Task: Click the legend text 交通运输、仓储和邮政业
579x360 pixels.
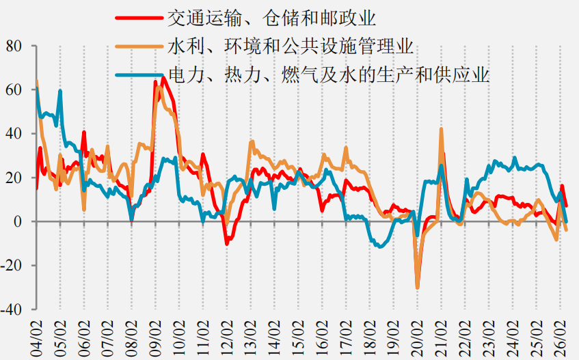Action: coord(271,18)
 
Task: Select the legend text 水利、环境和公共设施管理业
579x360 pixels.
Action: coord(291,46)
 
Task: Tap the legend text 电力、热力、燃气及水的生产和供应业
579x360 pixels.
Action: coord(329,75)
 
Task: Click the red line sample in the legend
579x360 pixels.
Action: coord(139,18)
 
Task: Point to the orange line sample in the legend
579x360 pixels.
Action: coord(139,46)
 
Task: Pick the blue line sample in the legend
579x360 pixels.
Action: coord(139,75)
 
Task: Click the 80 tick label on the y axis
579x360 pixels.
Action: coord(14,46)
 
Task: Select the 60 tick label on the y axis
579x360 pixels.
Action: coord(14,90)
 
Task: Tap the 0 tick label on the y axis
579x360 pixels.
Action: coord(18,221)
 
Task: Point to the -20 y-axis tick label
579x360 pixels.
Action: coord(12,265)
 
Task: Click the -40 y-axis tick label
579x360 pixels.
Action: coord(12,309)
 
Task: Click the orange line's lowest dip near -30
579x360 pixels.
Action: coord(417,288)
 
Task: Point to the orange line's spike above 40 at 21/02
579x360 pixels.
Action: coord(441,129)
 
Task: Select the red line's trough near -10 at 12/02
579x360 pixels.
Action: coord(227,243)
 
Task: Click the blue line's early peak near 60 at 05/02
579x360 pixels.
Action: coord(60,91)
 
